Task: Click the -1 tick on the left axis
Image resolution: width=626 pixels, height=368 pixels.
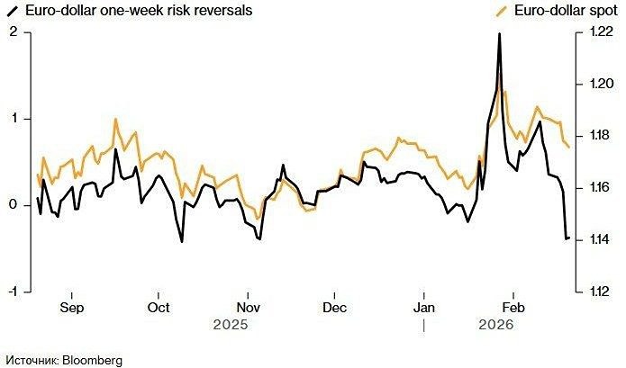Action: (x=13, y=292)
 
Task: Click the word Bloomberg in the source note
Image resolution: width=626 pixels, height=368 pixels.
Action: (x=91, y=360)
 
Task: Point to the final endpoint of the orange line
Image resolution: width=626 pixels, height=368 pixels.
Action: (x=568, y=147)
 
